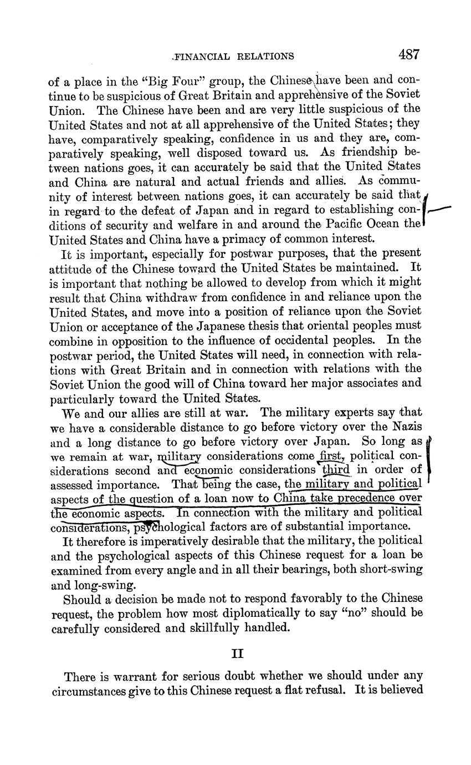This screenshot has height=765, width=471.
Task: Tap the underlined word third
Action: (x=337, y=470)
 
